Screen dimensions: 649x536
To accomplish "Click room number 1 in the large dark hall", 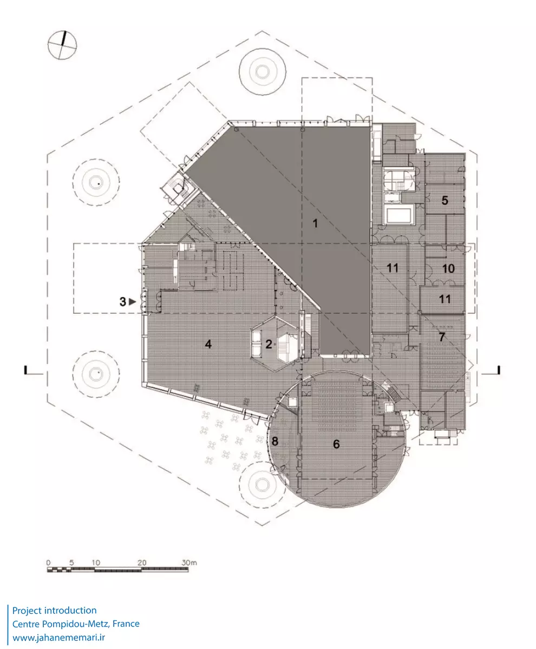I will pyautogui.click(x=315, y=223).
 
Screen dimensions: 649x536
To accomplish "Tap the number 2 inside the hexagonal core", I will pyautogui.click(x=269, y=344).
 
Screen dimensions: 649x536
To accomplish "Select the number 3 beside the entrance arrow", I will pyautogui.click(x=123, y=302).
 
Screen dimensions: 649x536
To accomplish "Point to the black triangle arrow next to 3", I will pyautogui.click(x=132, y=302).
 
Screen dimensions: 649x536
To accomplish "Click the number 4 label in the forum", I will pyautogui.click(x=208, y=344).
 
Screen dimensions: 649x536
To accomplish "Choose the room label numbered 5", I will pyautogui.click(x=445, y=200).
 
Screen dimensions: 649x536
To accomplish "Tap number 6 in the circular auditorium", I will pyautogui.click(x=336, y=444).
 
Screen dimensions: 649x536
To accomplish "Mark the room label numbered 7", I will pyautogui.click(x=442, y=337).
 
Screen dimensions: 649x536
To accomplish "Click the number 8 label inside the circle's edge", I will pyautogui.click(x=274, y=441).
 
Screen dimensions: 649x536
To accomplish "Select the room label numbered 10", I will pyautogui.click(x=447, y=269).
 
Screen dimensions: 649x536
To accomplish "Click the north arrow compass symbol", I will pyautogui.click(x=62, y=44).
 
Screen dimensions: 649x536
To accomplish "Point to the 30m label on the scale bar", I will pyautogui.click(x=189, y=563).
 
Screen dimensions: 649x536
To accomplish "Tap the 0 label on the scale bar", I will pyautogui.click(x=48, y=563).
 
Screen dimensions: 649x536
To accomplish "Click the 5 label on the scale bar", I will pyautogui.click(x=71, y=563).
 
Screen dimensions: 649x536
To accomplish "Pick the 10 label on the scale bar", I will pyautogui.click(x=96, y=563).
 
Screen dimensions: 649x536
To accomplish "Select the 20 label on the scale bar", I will pyautogui.click(x=142, y=563).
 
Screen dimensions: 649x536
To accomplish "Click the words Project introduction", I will pyautogui.click(x=54, y=611).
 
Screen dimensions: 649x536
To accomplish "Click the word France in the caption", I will pyautogui.click(x=126, y=624).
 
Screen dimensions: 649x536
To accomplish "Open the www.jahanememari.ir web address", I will pyautogui.click(x=58, y=638).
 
